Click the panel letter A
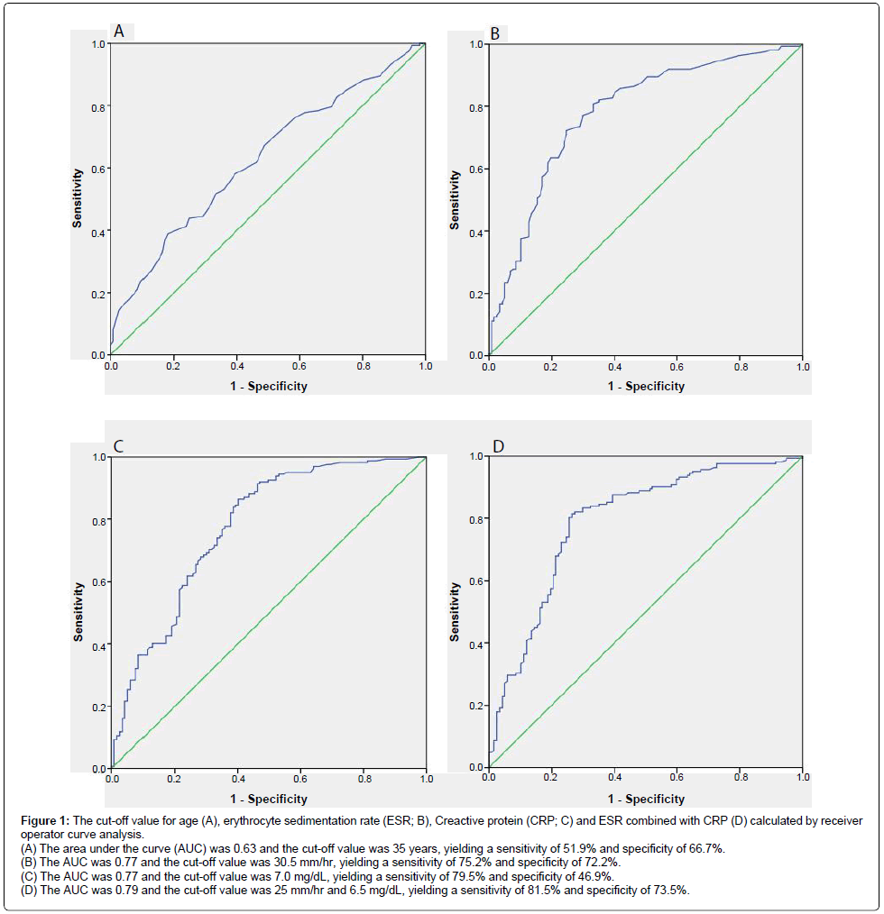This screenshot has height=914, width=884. pos(119,32)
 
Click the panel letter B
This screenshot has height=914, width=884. pos(494,34)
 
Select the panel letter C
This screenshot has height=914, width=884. pos(119,445)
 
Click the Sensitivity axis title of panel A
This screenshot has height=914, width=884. pos(78,197)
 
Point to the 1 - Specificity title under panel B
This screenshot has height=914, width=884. pos(646,386)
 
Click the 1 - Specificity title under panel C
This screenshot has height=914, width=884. pos(269,799)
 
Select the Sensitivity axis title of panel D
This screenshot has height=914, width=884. pos(455,611)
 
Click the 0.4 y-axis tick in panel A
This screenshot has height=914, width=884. pos(97,232)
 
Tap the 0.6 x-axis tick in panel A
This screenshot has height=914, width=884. pos(299,367)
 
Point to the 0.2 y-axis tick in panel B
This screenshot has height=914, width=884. pos(475,294)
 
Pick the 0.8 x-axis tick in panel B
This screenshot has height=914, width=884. pos(739,367)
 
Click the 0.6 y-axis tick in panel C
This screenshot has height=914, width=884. pos(97,582)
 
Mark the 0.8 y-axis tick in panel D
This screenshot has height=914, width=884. pos(475,519)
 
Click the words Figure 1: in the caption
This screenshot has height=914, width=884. pos(46,820)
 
